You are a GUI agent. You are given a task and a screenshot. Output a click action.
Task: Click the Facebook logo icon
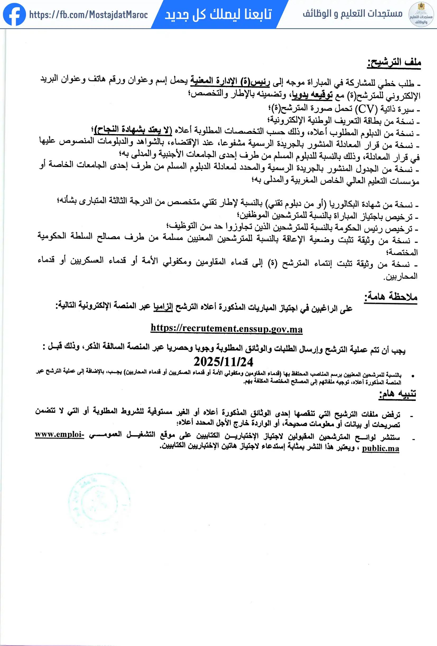[14, 15]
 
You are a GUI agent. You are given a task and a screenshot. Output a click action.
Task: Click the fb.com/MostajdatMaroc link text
[88, 15]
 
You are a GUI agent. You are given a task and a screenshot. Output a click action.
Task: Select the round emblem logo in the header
[421, 15]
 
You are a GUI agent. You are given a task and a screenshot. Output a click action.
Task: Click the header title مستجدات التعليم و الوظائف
[353, 13]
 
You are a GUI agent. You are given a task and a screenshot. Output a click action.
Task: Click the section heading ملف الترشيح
[394, 62]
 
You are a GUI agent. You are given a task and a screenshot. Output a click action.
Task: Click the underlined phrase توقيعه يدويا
[312, 95]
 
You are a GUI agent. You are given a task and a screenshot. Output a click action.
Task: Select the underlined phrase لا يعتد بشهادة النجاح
[133, 130]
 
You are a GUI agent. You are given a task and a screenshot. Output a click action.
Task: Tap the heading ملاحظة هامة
[391, 296]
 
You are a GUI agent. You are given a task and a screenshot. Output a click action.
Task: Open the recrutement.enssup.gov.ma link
[227, 329]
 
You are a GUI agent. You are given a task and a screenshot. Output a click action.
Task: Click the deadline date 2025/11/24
[223, 362]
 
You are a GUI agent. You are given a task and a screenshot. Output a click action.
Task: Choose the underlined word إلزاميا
[163, 307]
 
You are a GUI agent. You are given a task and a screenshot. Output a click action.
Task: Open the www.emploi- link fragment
[59, 434]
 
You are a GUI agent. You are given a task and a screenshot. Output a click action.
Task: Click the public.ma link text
[380, 448]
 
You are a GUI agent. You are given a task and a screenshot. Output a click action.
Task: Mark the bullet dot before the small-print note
[413, 376]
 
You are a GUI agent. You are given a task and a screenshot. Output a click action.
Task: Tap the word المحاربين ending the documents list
[401, 276]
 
